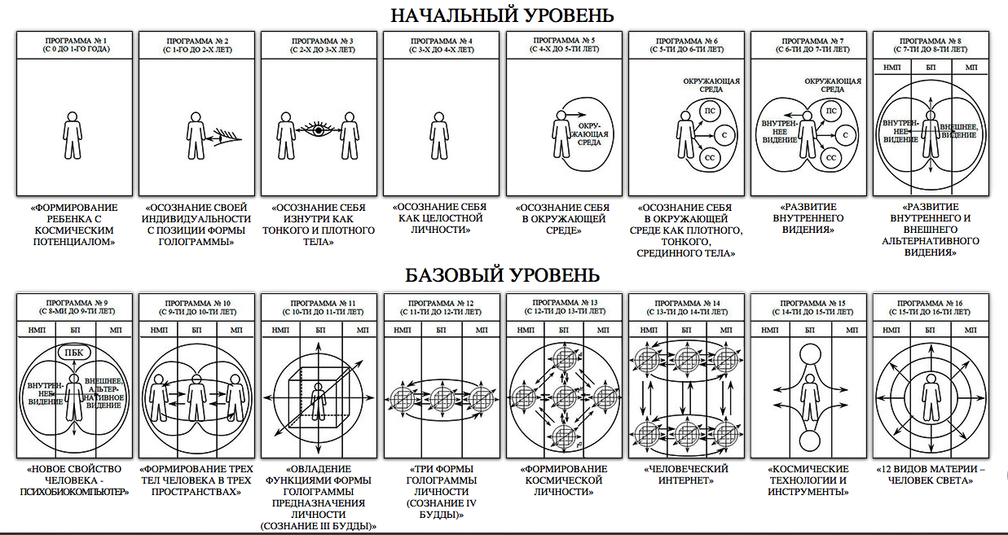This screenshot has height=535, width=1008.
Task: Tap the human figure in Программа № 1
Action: pos(73,134)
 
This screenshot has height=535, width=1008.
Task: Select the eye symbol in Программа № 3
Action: pos(317,129)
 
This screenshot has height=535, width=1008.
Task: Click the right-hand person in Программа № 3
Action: pos(349,134)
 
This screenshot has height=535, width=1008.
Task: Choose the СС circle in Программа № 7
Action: pos(831,156)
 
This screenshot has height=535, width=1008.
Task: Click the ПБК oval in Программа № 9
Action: pos(73,353)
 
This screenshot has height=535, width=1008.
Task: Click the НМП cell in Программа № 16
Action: pos(891,331)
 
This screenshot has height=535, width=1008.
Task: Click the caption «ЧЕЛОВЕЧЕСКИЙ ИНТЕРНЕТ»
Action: pos(684,475)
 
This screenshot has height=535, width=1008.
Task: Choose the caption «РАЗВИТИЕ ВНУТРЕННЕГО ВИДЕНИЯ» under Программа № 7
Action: pos(807,219)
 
